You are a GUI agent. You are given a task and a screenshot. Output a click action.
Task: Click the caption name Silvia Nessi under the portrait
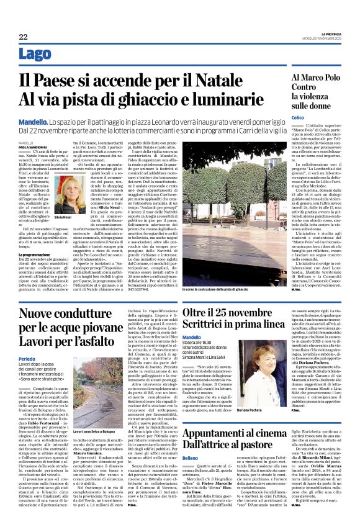coord(78,218)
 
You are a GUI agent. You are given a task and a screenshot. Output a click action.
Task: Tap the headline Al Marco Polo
coord(312,78)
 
